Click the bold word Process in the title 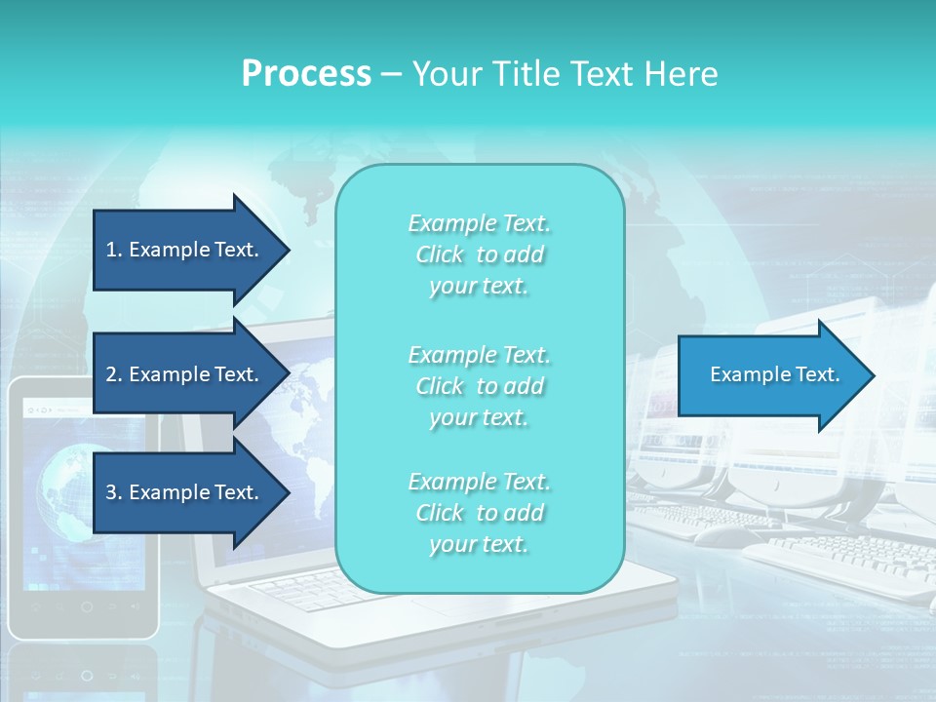point(306,74)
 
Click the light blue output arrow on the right point(770,375)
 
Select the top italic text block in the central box point(479,254)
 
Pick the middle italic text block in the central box point(479,386)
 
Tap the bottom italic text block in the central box point(479,513)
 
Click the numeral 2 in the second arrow point(111,374)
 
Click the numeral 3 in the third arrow point(111,492)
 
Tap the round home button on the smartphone point(87,606)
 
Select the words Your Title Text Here point(565,74)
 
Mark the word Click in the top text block point(440,254)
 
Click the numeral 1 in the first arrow point(111,250)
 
